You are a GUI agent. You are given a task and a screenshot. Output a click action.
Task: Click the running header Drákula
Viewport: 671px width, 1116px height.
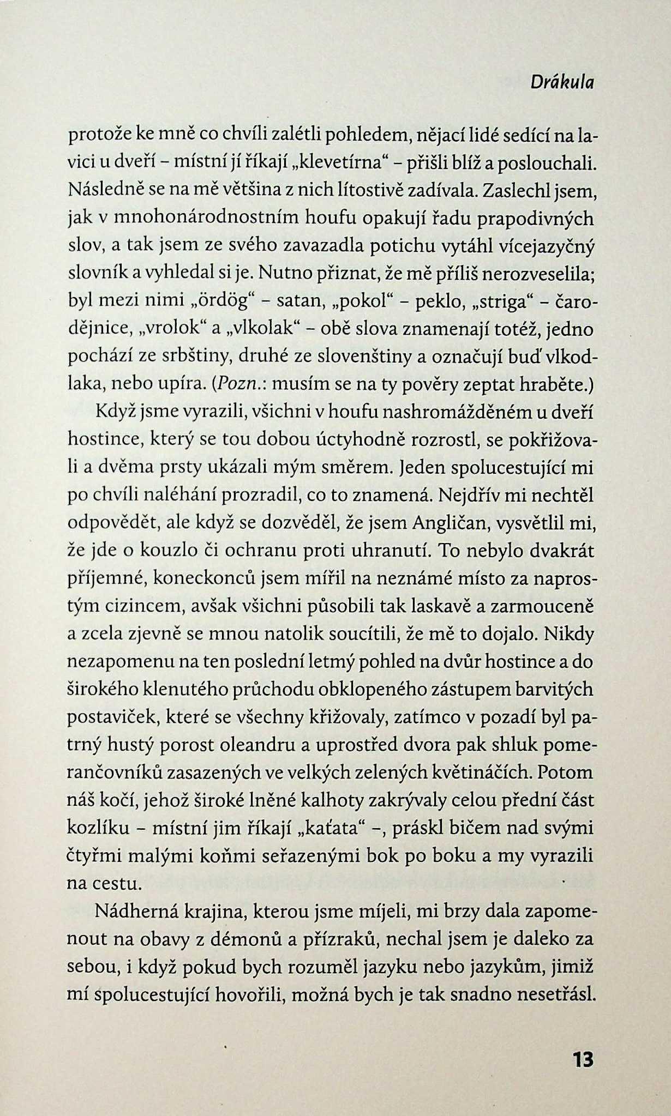coord(562,82)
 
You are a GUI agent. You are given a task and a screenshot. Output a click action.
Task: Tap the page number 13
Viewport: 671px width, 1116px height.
coord(582,1059)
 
